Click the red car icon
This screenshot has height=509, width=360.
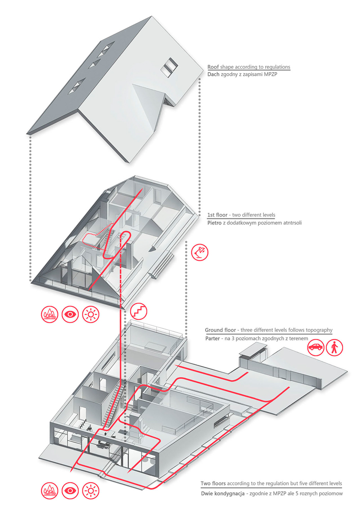point(316,348)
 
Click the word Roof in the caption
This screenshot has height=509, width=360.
point(213,67)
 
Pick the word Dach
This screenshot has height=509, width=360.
point(214,75)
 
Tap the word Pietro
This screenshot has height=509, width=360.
point(216,222)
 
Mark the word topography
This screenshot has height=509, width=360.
point(316,330)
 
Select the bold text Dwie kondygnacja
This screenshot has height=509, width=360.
point(226,494)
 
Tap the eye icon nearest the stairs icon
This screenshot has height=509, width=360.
point(70,315)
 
